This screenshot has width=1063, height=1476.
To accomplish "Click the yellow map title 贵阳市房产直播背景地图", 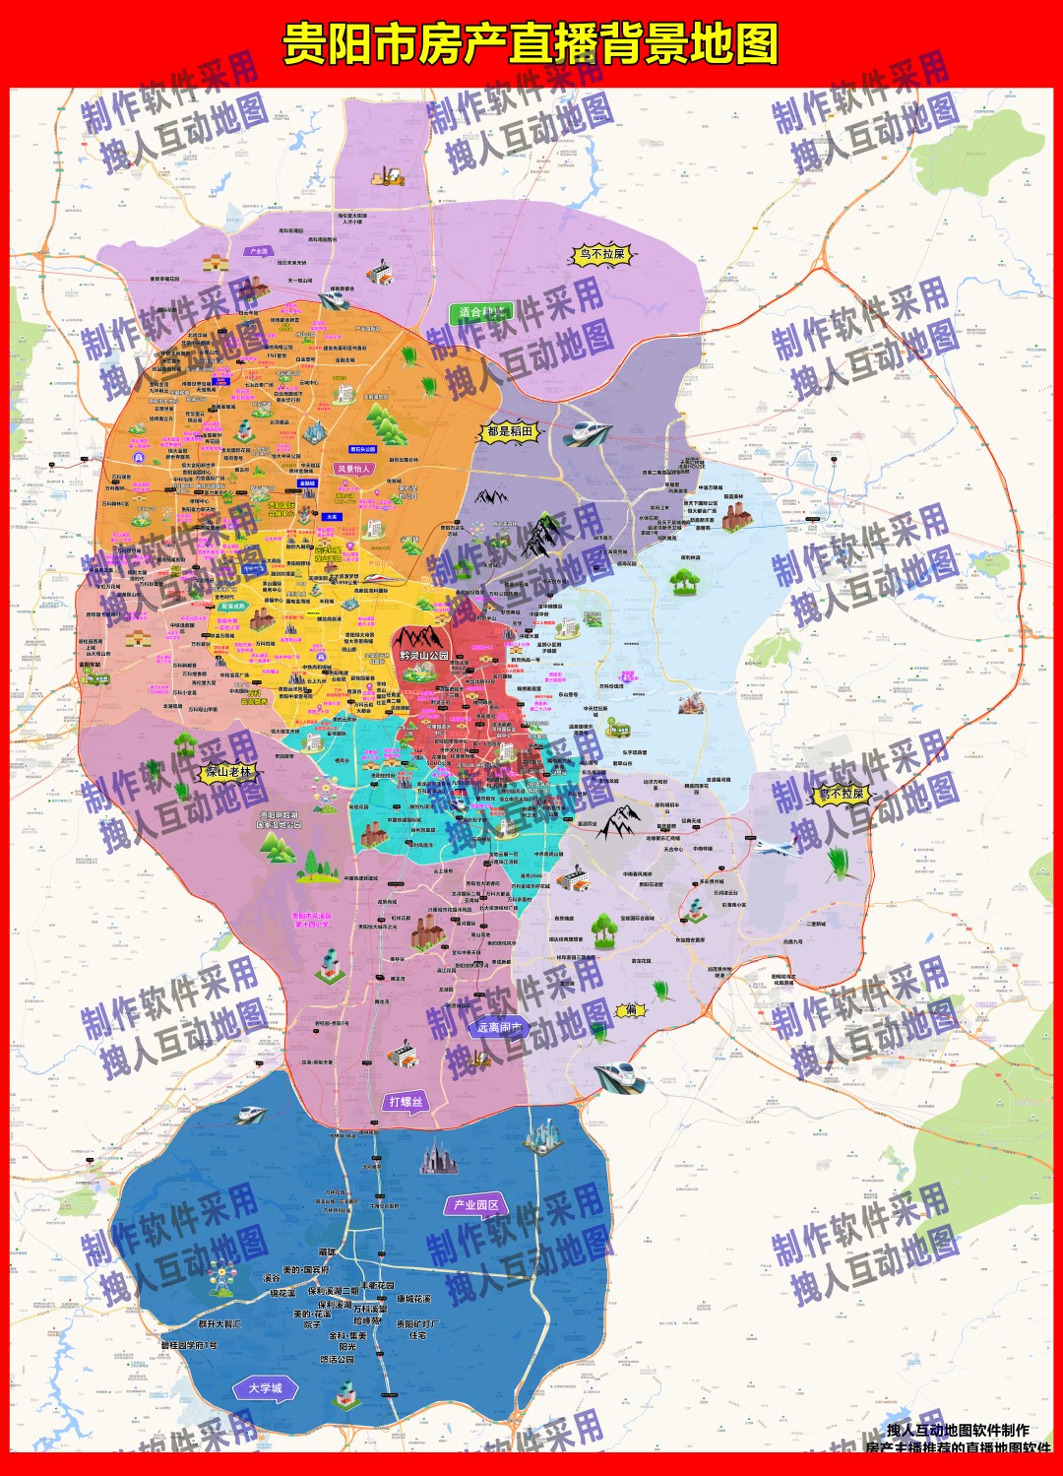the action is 531,44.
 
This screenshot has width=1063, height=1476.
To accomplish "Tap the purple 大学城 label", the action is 264,1388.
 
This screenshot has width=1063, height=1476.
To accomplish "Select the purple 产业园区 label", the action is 474,1205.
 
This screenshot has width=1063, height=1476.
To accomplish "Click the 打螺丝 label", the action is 406,1102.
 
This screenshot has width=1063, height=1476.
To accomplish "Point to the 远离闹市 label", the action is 500,1027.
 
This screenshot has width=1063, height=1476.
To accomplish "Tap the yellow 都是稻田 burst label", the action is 510,431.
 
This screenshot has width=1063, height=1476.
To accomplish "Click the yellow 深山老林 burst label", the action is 228,773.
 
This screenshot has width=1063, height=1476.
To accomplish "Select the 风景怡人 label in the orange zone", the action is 353,469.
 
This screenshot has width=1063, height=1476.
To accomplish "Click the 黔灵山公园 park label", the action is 424,655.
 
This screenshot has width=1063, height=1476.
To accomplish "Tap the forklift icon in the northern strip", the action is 388,176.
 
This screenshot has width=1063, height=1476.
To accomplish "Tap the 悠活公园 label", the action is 337,1360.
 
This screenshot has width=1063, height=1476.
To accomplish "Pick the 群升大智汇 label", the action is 219,1324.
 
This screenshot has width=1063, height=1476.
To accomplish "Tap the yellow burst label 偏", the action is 630,1010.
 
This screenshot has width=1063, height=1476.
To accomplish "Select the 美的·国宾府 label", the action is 306,1270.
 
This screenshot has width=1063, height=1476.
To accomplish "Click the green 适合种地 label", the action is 482,313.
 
